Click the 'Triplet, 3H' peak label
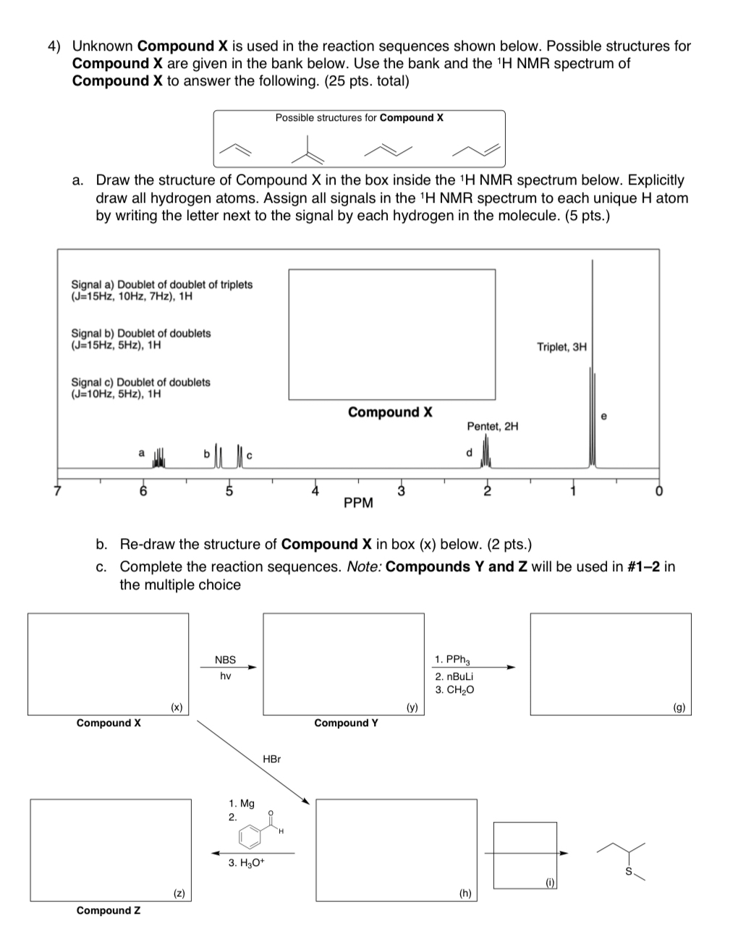(x=561, y=347)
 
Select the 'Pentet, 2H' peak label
(x=492, y=426)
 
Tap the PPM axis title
(x=358, y=503)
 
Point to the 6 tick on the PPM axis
(x=143, y=492)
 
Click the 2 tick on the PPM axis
(x=486, y=492)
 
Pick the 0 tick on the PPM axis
(x=658, y=492)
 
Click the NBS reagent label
(x=225, y=660)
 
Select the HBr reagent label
(x=272, y=759)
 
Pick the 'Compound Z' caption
(x=109, y=910)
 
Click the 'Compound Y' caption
(x=346, y=723)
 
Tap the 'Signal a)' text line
(x=161, y=285)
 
